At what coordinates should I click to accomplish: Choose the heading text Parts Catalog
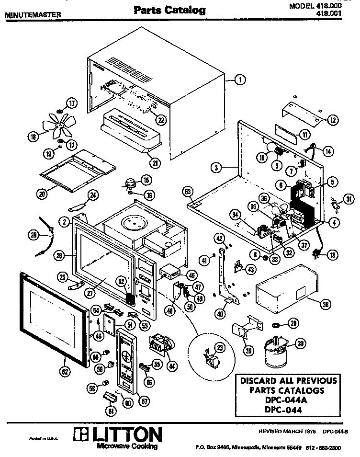point(169,10)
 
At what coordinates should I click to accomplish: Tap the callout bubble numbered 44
point(170,366)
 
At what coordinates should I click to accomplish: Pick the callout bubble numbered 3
point(216,167)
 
